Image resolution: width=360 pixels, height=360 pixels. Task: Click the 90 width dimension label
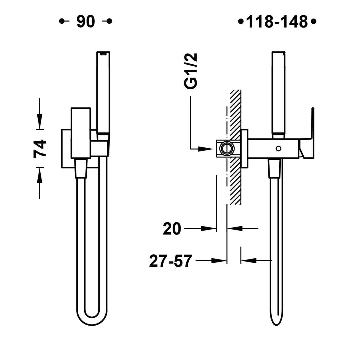86,21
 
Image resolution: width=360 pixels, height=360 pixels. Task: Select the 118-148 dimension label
277,22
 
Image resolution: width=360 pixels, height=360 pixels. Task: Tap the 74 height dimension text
40,148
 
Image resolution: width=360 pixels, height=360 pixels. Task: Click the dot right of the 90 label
109,21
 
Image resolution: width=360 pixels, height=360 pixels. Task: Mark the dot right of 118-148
313,22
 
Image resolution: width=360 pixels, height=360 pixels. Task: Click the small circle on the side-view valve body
278,148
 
